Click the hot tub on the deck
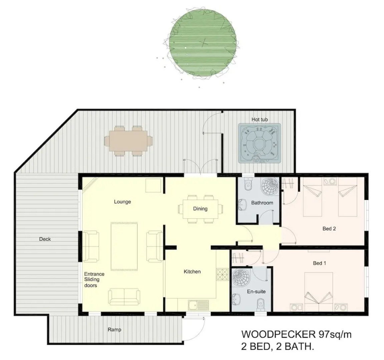pos(260,143)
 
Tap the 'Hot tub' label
pos(260,119)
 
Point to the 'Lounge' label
pos(122,202)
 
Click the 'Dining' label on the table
pos(200,209)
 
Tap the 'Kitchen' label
pos(192,272)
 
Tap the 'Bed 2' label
pos(329,229)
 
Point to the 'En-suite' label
pos(256,291)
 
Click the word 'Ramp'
pos(114,330)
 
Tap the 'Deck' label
pos(45,239)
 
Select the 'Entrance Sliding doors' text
pos(94,280)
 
